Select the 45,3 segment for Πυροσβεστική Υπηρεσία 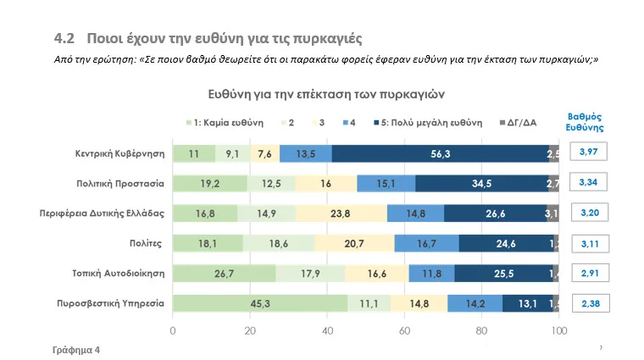(x=260, y=303)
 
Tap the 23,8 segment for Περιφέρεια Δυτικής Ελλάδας (x=341, y=213)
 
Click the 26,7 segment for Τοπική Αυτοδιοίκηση (x=225, y=274)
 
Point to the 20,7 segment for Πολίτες (x=354, y=243)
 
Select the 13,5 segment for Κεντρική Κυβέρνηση (x=305, y=153)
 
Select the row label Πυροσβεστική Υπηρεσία (x=108, y=303)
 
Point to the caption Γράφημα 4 (x=75, y=348)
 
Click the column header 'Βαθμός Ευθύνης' (x=584, y=122)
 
